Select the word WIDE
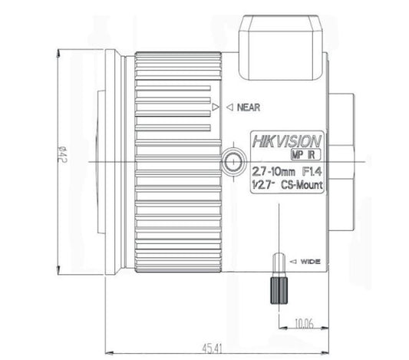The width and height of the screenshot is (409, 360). (310, 262)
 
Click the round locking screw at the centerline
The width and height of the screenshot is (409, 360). (229, 161)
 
